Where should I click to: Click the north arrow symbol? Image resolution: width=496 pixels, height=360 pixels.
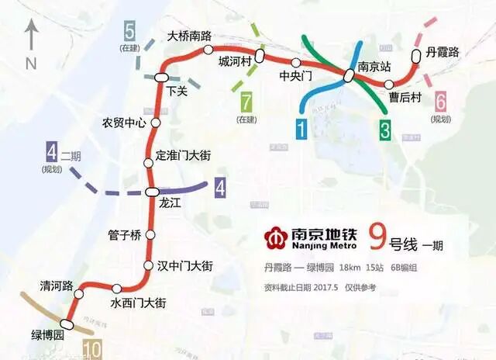click(x=32, y=40)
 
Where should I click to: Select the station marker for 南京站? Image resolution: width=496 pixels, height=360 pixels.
click(x=350, y=75)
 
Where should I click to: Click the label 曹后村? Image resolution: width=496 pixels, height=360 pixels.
click(x=405, y=98)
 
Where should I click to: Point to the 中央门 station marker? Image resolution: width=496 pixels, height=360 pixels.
click(x=295, y=62)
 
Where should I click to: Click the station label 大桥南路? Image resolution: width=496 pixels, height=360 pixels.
click(x=190, y=36)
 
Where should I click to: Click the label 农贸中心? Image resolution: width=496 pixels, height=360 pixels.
click(x=124, y=123)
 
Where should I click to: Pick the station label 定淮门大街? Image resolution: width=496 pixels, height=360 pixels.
click(x=184, y=155)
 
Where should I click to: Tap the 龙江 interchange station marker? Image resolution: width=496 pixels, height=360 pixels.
click(x=153, y=192)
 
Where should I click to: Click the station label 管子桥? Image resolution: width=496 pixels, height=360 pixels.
click(x=124, y=235)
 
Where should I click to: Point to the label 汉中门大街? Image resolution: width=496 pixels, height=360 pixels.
click(x=184, y=265)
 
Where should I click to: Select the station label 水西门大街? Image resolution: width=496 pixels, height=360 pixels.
click(x=138, y=303)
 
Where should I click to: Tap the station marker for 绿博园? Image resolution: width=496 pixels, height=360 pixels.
click(x=67, y=324)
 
